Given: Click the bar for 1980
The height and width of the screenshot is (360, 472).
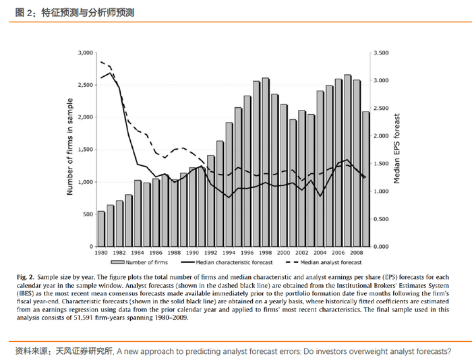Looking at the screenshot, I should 101,229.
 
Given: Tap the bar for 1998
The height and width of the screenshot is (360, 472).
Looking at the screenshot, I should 265,162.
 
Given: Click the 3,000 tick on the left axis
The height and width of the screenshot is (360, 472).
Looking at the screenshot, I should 84,53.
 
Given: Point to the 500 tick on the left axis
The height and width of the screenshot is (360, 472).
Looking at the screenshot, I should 86,214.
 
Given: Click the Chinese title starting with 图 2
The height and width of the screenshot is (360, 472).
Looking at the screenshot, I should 74,11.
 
